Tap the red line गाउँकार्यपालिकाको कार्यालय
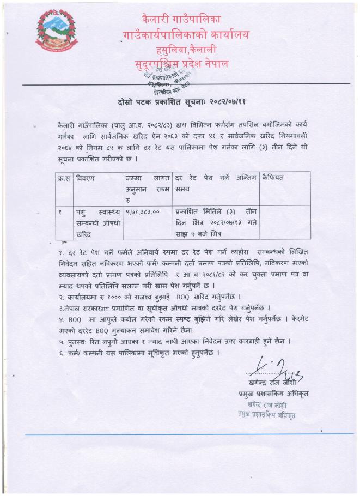(x=186, y=36)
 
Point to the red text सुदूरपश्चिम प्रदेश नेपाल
(x=181, y=64)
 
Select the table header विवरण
(x=86, y=178)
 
